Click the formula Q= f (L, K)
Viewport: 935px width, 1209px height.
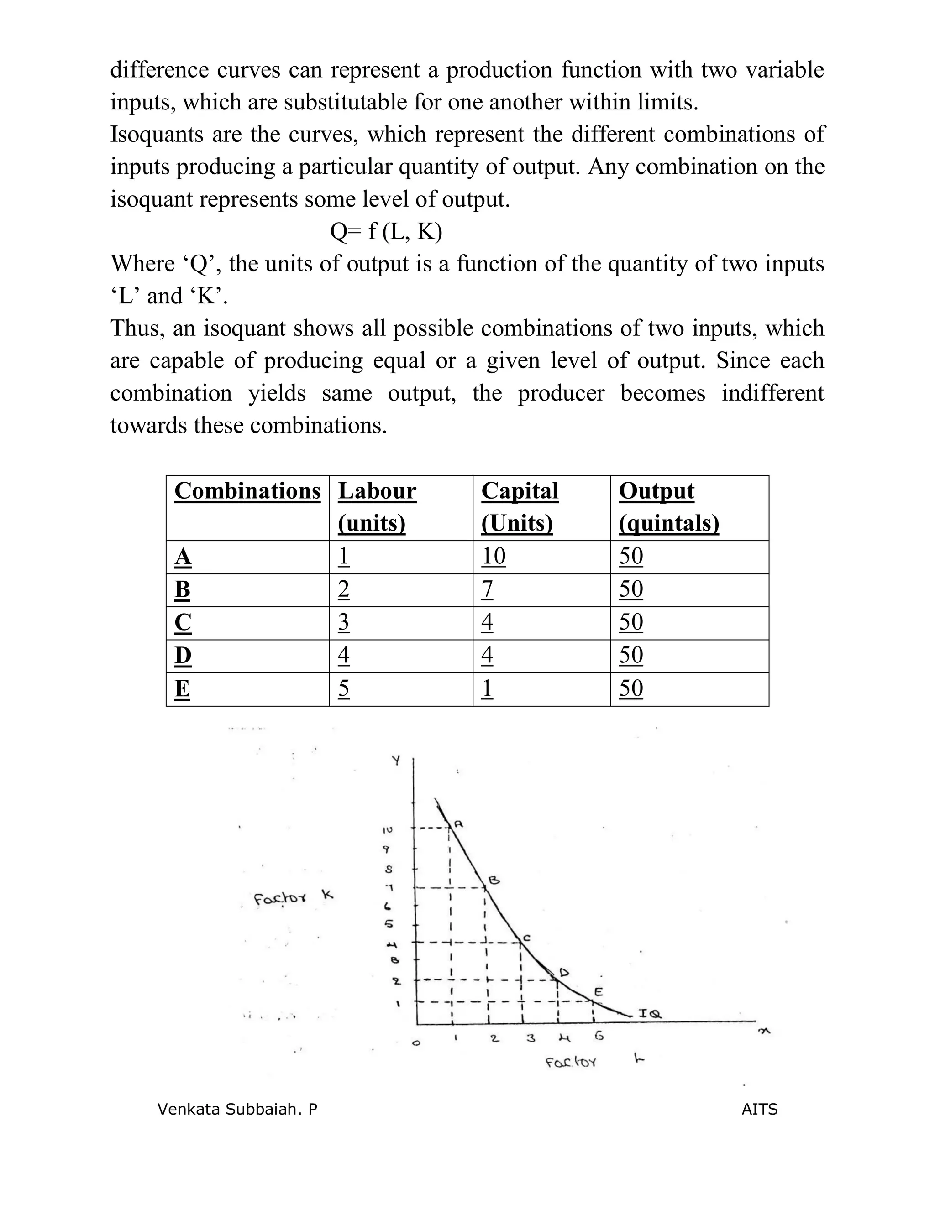pos(386,231)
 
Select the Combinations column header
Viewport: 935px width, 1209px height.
pos(247,491)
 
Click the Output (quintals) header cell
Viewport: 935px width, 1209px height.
pos(668,506)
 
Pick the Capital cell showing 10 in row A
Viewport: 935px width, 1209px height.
pos(494,556)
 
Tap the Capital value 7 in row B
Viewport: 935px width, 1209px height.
pos(487,589)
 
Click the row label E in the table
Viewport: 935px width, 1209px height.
pos(182,688)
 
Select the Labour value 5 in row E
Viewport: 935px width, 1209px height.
pos(343,688)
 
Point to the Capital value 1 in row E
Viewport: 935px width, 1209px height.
pos(487,688)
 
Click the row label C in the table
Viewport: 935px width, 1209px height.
pos(183,622)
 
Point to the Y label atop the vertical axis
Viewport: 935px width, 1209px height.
pos(396,761)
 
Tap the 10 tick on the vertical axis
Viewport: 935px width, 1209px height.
pos(387,830)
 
